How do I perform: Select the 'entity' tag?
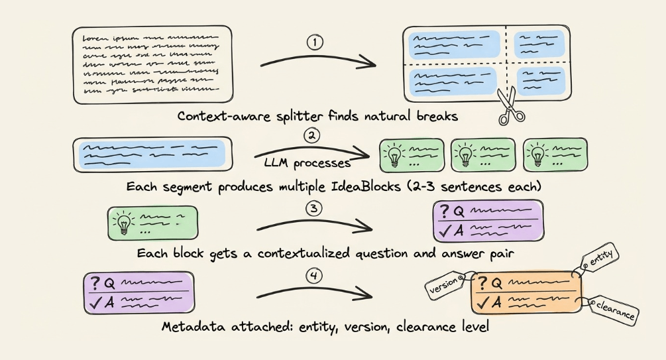(601, 259)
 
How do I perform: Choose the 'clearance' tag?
(613, 308)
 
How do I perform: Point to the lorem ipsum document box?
(151, 65)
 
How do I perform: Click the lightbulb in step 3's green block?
(123, 223)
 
